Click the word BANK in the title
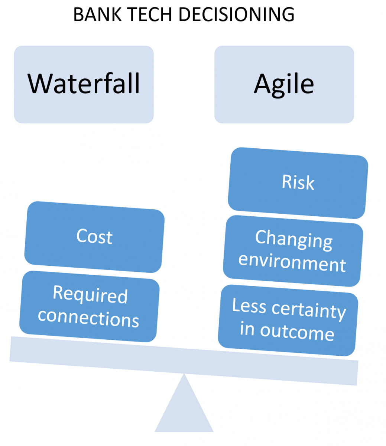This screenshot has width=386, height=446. click(97, 14)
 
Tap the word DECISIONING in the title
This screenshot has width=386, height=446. click(237, 14)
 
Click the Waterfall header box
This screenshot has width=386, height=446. click(84, 84)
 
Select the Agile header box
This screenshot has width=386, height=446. click(284, 84)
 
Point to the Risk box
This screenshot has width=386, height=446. click(298, 183)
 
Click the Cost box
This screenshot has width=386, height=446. click(94, 237)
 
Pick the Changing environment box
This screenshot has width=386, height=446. click(293, 251)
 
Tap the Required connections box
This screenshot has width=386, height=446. click(90, 306)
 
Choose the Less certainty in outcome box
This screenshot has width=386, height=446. click(288, 320)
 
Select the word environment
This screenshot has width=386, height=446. click(292, 263)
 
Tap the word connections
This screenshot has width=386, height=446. click(88, 319)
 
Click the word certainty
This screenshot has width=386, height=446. click(309, 310)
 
